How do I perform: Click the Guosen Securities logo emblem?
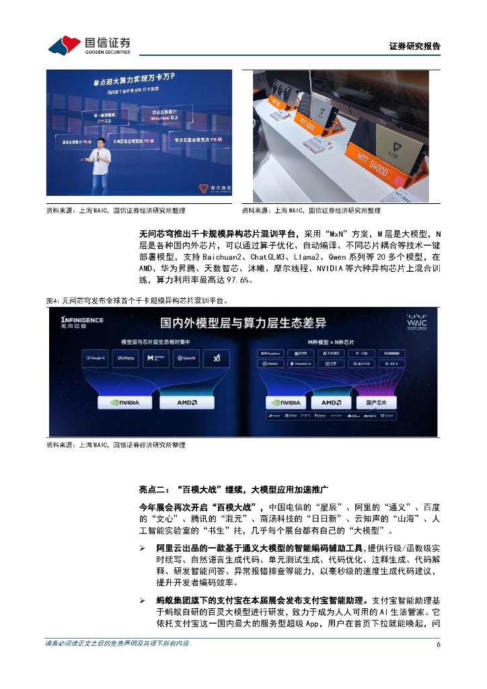65,45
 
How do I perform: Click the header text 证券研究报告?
414,46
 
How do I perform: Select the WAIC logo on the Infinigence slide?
416,321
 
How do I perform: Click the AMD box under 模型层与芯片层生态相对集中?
186,403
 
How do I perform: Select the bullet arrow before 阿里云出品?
143,550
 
